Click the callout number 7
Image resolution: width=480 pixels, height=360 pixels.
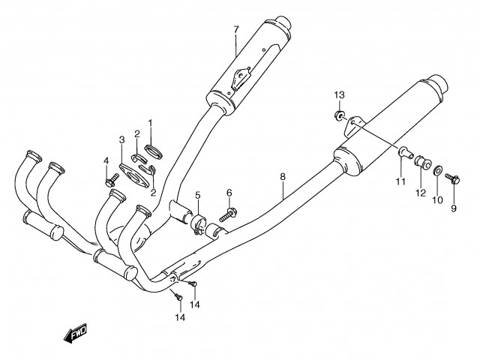235,30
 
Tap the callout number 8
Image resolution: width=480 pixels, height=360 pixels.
283,177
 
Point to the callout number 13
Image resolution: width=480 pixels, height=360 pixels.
339,94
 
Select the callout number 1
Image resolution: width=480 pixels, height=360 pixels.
150,122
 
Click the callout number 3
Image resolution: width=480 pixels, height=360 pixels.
121,139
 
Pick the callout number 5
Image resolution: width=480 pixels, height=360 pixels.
198,196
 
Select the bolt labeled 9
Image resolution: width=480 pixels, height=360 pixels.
454,178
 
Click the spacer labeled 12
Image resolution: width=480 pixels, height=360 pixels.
421,161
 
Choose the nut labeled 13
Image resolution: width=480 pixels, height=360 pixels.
339,115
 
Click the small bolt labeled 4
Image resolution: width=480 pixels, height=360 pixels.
111,179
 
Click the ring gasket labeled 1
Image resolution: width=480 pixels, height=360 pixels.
153,149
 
